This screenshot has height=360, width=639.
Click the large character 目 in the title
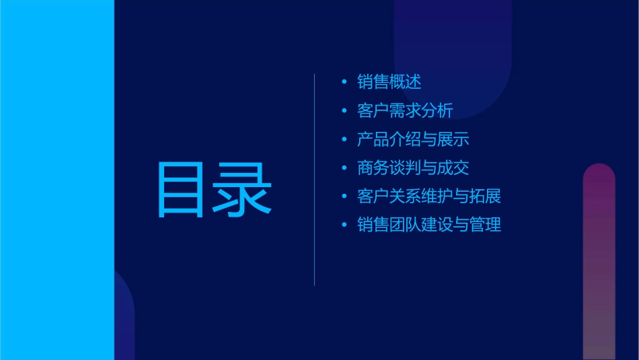181,189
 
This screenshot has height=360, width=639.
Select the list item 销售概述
389,82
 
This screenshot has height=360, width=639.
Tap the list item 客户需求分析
405,111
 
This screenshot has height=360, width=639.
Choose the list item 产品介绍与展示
413,139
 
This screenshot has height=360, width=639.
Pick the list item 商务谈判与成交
413,168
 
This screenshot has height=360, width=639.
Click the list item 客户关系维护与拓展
429,196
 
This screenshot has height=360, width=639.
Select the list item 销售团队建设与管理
429,225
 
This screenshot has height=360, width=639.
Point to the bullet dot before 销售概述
344,82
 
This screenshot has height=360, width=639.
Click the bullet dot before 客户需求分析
344,111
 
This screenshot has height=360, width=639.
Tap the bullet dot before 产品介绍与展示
344,139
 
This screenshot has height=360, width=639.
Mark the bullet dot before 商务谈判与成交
344,168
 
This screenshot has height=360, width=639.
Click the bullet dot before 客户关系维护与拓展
344,196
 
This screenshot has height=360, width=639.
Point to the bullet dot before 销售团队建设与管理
344,225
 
